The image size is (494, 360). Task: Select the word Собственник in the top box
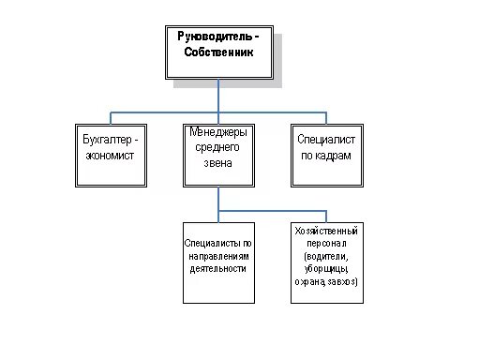click(218, 52)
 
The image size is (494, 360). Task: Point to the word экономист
click(110, 155)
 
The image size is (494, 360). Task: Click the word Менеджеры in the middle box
click(217, 132)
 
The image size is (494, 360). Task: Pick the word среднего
click(217, 147)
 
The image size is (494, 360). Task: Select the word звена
click(217, 162)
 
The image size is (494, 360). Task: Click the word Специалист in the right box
click(324, 140)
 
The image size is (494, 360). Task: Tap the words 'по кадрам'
click(324, 155)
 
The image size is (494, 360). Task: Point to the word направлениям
click(217, 255)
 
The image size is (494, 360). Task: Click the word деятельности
click(217, 268)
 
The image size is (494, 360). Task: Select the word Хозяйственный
click(325, 230)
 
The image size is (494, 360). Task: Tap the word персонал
click(325, 242)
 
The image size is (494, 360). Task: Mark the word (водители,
click(325, 255)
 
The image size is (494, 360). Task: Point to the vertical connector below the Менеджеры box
click(218, 199)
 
